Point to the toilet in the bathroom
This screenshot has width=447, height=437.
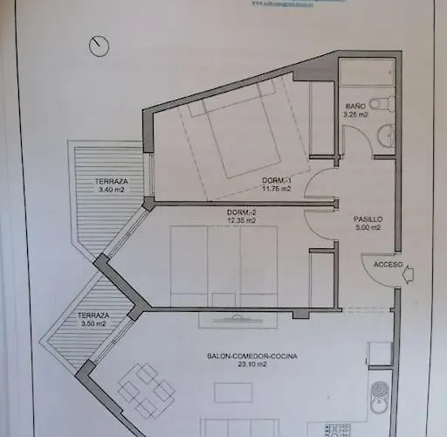tap(387, 103)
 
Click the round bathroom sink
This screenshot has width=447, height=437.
tap(387, 134)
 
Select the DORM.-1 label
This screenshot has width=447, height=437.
tap(279, 180)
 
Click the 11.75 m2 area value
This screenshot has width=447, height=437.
tap(279, 189)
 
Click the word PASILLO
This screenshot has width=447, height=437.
tap(368, 219)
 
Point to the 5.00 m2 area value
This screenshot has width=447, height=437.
tap(368, 229)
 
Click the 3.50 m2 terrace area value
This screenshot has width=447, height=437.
tap(93, 323)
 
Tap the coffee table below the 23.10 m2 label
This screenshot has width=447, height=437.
tap(233, 392)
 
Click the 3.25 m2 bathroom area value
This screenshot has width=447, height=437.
tap(356, 114)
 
